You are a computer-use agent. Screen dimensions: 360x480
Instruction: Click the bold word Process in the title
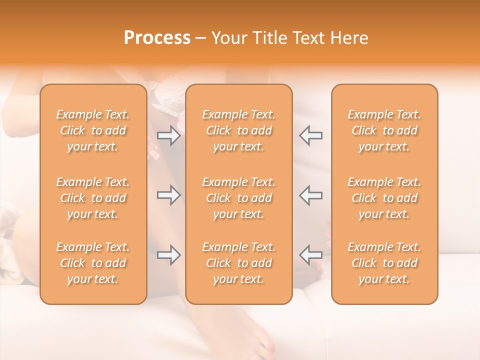pyautogui.click(x=157, y=38)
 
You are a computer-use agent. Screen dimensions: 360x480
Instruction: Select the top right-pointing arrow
pyautogui.click(x=169, y=135)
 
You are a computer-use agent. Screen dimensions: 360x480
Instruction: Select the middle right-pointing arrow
pyautogui.click(x=169, y=195)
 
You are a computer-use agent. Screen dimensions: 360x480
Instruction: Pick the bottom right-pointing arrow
pyautogui.click(x=169, y=255)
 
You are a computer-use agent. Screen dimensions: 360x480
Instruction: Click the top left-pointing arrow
pyautogui.click(x=310, y=135)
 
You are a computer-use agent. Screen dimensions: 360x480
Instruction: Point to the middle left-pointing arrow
pyautogui.click(x=310, y=195)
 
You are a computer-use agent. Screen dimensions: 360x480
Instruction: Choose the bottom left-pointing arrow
pyautogui.click(x=310, y=255)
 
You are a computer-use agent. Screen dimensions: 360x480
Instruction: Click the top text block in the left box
pyautogui.click(x=93, y=130)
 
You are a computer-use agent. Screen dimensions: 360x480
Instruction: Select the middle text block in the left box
pyautogui.click(x=93, y=198)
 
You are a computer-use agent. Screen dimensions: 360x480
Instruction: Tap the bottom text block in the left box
pyautogui.click(x=93, y=263)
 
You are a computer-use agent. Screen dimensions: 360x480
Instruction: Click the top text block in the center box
pyautogui.click(x=238, y=130)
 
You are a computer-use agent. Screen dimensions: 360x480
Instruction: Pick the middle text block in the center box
pyautogui.click(x=238, y=198)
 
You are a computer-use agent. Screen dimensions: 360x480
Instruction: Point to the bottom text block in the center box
pyautogui.click(x=238, y=263)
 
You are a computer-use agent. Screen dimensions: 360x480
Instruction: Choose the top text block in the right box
pyautogui.click(x=384, y=130)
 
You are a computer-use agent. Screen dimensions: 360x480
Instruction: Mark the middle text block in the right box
pyautogui.click(x=384, y=198)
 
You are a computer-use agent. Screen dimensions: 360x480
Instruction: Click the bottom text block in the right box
pyautogui.click(x=384, y=263)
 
